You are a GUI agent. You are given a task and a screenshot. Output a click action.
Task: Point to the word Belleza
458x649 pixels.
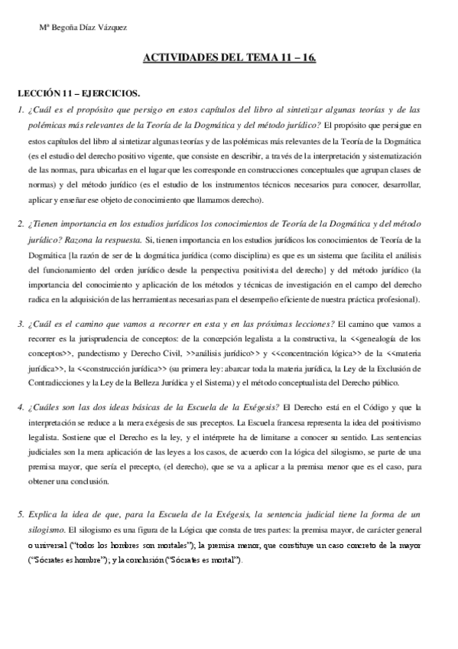[x=151, y=382]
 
